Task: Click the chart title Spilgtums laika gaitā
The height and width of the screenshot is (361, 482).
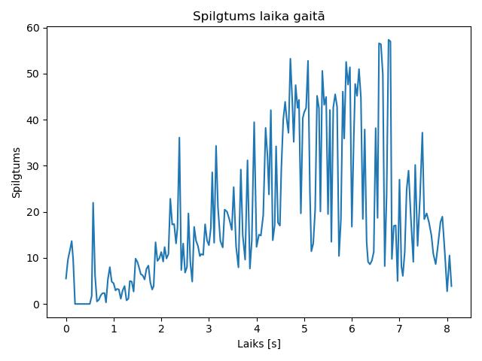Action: click(x=258, y=17)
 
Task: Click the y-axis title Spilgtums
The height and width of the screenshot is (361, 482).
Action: click(x=17, y=173)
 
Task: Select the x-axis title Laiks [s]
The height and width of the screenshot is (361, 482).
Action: click(x=259, y=344)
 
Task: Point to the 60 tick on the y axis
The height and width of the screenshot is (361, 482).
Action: click(x=33, y=28)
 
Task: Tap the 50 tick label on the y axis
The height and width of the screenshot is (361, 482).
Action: click(x=33, y=74)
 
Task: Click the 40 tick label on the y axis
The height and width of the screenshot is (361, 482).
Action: click(x=33, y=120)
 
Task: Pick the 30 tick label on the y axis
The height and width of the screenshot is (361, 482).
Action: click(x=33, y=166)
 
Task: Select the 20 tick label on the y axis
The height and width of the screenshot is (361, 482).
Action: click(x=33, y=212)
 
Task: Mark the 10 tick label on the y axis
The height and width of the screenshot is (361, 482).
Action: click(x=33, y=258)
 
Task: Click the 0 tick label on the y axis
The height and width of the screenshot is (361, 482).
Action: click(x=37, y=305)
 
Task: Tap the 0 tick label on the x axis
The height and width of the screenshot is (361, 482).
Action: click(x=66, y=329)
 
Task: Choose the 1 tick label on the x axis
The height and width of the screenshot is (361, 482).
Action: click(x=114, y=329)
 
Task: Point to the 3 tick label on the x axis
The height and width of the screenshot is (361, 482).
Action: click(x=209, y=329)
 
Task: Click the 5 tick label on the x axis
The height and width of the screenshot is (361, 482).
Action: click(x=304, y=329)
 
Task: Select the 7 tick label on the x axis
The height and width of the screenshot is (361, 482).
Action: click(x=399, y=329)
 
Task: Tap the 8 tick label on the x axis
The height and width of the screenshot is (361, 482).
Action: click(x=447, y=329)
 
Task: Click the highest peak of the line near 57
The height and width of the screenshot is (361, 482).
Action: click(x=389, y=40)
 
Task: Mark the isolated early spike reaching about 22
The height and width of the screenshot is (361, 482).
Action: click(x=93, y=202)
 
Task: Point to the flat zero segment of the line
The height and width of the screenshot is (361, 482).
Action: click(x=82, y=304)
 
